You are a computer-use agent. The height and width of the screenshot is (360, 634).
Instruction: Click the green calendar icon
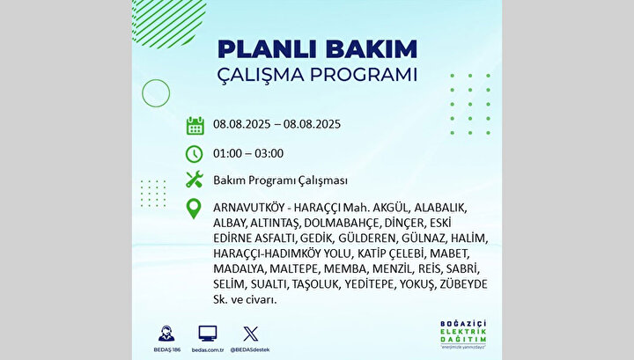pos(195,125)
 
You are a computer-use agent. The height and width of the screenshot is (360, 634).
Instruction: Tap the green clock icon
pos(194,154)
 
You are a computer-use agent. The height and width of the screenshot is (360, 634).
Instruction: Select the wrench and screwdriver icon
pos(195,180)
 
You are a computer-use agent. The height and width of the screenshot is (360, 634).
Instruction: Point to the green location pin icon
pos(194,209)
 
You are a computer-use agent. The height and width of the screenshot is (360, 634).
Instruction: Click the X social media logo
pos(250,334)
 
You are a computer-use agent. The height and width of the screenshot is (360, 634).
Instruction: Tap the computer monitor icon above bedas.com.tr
pos(208,334)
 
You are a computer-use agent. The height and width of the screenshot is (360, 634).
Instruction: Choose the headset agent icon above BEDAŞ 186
pos(166,334)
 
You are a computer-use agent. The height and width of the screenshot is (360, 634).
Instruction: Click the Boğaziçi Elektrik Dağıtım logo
pos(463,334)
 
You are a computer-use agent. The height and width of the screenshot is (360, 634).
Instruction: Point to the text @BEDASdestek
pos(250,350)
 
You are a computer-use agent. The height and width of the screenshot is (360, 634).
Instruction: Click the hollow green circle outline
pos(156,93)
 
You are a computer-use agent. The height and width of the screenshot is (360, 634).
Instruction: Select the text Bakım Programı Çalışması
pos(280,180)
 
